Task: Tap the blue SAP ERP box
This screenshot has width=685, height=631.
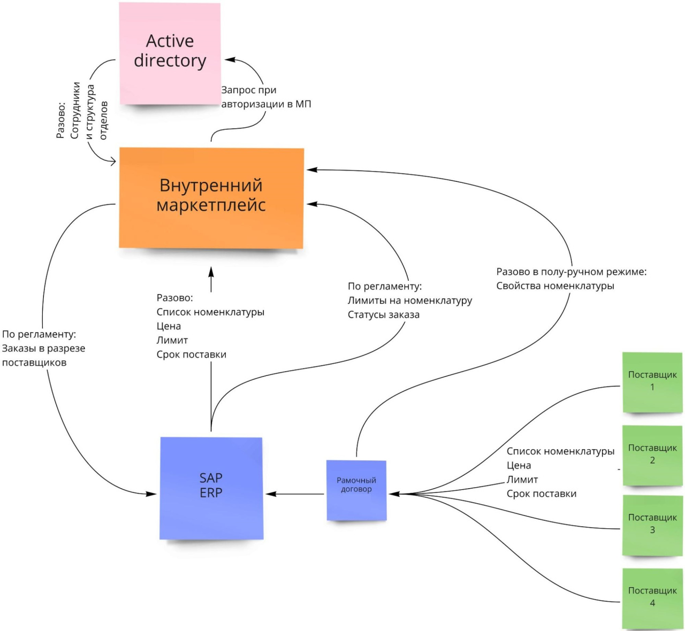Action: [211, 487]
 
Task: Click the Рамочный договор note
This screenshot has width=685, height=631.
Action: [356, 489]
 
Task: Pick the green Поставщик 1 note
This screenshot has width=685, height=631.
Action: [652, 382]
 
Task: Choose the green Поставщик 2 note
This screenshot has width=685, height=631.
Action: [652, 455]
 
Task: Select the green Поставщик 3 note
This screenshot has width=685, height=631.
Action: [652, 525]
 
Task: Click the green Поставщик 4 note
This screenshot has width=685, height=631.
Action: [652, 597]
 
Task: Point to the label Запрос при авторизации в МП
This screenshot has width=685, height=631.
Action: [266, 97]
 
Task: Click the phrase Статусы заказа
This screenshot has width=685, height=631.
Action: [383, 315]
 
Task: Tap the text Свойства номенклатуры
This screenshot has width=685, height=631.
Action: [555, 286]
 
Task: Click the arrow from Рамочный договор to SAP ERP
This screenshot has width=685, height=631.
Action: [295, 494]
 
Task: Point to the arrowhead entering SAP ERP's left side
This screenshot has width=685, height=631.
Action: [151, 494]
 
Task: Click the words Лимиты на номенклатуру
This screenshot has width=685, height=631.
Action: [410, 301]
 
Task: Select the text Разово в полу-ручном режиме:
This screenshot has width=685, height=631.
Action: [571, 272]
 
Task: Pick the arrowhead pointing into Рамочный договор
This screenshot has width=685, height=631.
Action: [394, 494]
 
